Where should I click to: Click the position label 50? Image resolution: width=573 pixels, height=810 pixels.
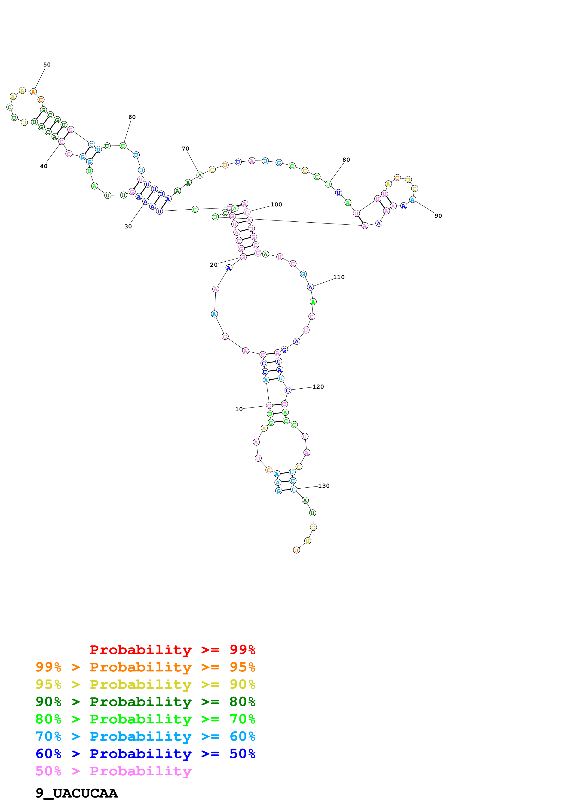pyautogui.click(x=47, y=65)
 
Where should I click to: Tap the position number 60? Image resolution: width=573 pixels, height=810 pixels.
pyautogui.click(x=132, y=117)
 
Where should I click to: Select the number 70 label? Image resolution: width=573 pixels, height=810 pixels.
pyautogui.click(x=185, y=148)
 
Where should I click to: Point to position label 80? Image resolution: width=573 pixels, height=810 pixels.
pyautogui.click(x=346, y=160)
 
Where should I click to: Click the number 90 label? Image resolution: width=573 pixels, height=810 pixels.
pyautogui.click(x=438, y=216)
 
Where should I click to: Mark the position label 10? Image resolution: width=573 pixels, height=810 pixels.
pyautogui.click(x=239, y=409)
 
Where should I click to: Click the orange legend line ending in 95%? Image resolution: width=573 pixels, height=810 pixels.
pyautogui.click(x=145, y=667)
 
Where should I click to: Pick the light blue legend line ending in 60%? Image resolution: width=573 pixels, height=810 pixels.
pyautogui.click(x=145, y=736)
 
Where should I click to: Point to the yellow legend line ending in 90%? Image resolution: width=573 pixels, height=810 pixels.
pyautogui.click(x=145, y=684)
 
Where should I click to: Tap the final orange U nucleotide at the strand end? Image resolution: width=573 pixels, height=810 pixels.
pyautogui.click(x=297, y=550)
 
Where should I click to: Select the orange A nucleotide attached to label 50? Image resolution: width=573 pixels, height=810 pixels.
pyautogui.click(x=33, y=92)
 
